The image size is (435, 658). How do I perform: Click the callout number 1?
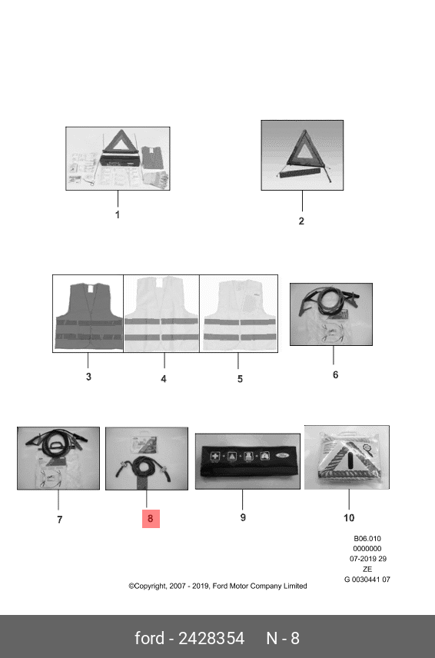point(118,214)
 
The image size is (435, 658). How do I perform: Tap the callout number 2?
point(301,221)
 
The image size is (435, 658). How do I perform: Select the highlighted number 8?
point(151,519)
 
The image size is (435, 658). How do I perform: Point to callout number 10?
point(349,518)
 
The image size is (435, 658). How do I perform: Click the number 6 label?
point(335,375)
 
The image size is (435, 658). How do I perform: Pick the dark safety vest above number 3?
point(88,316)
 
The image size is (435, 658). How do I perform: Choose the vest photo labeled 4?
point(161,314)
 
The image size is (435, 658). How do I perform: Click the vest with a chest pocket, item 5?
point(239,314)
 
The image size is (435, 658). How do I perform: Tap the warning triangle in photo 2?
point(303,156)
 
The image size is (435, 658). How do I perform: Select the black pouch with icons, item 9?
point(247,460)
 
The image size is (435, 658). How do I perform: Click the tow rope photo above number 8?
point(146,458)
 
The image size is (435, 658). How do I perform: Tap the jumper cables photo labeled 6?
point(331,314)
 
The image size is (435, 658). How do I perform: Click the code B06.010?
point(367,538)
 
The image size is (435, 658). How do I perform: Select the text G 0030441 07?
point(367,580)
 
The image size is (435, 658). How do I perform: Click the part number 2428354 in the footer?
point(211,638)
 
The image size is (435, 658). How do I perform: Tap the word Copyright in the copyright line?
point(148,586)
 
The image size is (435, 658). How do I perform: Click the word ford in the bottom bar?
point(149,638)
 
